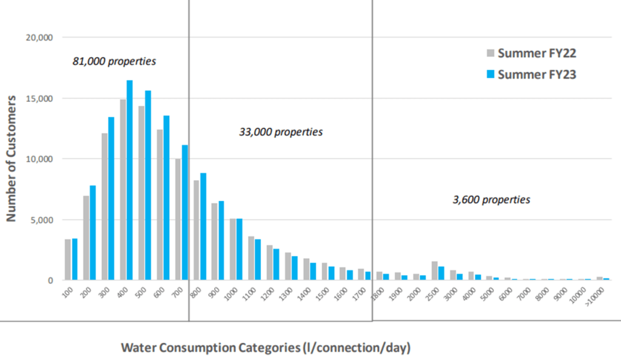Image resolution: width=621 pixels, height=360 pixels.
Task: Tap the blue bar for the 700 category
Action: click(x=185, y=213)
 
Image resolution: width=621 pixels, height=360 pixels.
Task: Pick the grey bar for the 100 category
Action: click(x=68, y=260)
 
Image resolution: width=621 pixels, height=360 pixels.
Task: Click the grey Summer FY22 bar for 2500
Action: click(x=434, y=271)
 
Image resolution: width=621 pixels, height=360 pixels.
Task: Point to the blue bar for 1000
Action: click(x=240, y=249)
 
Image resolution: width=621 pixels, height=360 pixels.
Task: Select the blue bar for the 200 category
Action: click(x=93, y=233)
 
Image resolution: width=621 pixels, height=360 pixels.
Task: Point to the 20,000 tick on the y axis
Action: click(x=41, y=38)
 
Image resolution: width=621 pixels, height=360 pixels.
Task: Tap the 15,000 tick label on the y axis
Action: click(x=41, y=98)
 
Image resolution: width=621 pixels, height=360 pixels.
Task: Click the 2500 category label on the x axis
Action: click(x=435, y=293)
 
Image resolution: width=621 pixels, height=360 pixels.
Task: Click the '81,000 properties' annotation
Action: click(x=114, y=61)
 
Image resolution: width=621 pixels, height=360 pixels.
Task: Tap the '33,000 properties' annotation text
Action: click(x=281, y=132)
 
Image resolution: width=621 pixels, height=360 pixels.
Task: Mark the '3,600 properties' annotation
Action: click(x=491, y=199)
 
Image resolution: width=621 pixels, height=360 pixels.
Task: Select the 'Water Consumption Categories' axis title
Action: click(x=266, y=348)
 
